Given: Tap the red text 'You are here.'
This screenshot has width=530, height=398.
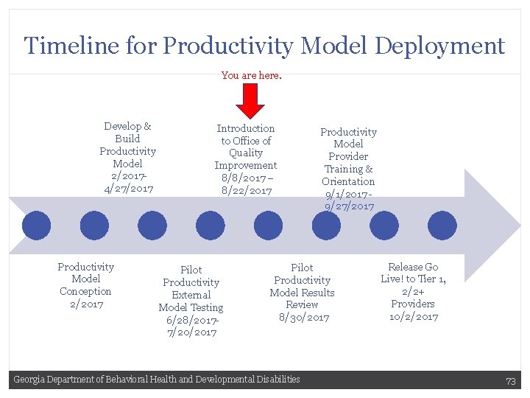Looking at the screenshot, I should (251, 75).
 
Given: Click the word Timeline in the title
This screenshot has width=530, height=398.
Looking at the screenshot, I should (60, 46).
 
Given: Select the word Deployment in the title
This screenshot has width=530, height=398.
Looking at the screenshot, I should (439, 46).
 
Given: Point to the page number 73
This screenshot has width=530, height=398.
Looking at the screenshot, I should (510, 380).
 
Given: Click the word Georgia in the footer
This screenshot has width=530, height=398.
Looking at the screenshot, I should (29, 380).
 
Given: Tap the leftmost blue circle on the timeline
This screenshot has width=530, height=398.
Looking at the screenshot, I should (36, 226).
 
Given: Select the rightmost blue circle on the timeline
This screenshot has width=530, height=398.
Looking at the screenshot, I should (442, 226).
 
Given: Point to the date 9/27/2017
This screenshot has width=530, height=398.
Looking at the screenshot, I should (349, 206).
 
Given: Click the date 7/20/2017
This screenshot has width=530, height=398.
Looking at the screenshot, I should (191, 332).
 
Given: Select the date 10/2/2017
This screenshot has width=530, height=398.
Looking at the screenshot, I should (413, 317).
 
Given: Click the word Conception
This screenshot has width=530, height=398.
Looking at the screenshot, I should (86, 292).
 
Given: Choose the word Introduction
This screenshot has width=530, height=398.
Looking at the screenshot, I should (246, 128).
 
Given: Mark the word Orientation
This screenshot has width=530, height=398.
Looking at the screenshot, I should (348, 181).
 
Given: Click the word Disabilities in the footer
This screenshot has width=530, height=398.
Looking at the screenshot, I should (277, 380).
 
